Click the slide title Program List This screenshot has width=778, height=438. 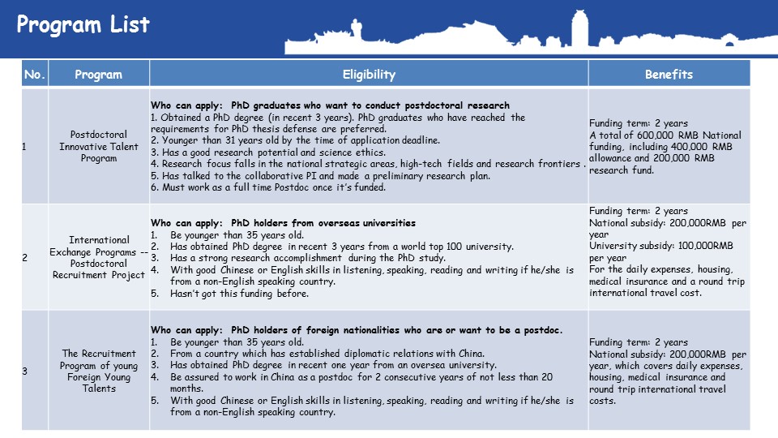click(83, 25)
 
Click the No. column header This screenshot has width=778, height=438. click(35, 75)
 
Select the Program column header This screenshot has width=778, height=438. click(98, 75)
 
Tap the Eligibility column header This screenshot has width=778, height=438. click(369, 75)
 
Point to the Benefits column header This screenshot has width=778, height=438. click(669, 75)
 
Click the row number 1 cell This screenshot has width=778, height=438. click(24, 147)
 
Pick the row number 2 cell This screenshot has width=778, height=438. click(24, 257)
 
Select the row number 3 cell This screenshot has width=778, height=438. click(24, 371)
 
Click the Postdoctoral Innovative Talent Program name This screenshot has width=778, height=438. click(99, 147)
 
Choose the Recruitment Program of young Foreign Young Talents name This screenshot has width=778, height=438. click(99, 371)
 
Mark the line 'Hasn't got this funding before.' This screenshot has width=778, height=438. click(239, 294)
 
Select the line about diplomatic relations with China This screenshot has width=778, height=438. click(327, 354)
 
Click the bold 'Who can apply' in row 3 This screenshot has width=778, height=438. click(186, 330)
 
